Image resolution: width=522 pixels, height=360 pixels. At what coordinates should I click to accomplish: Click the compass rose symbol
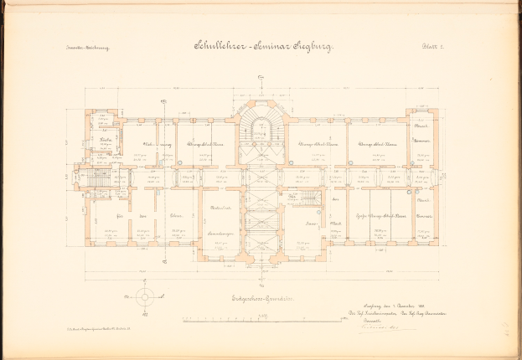145,296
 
